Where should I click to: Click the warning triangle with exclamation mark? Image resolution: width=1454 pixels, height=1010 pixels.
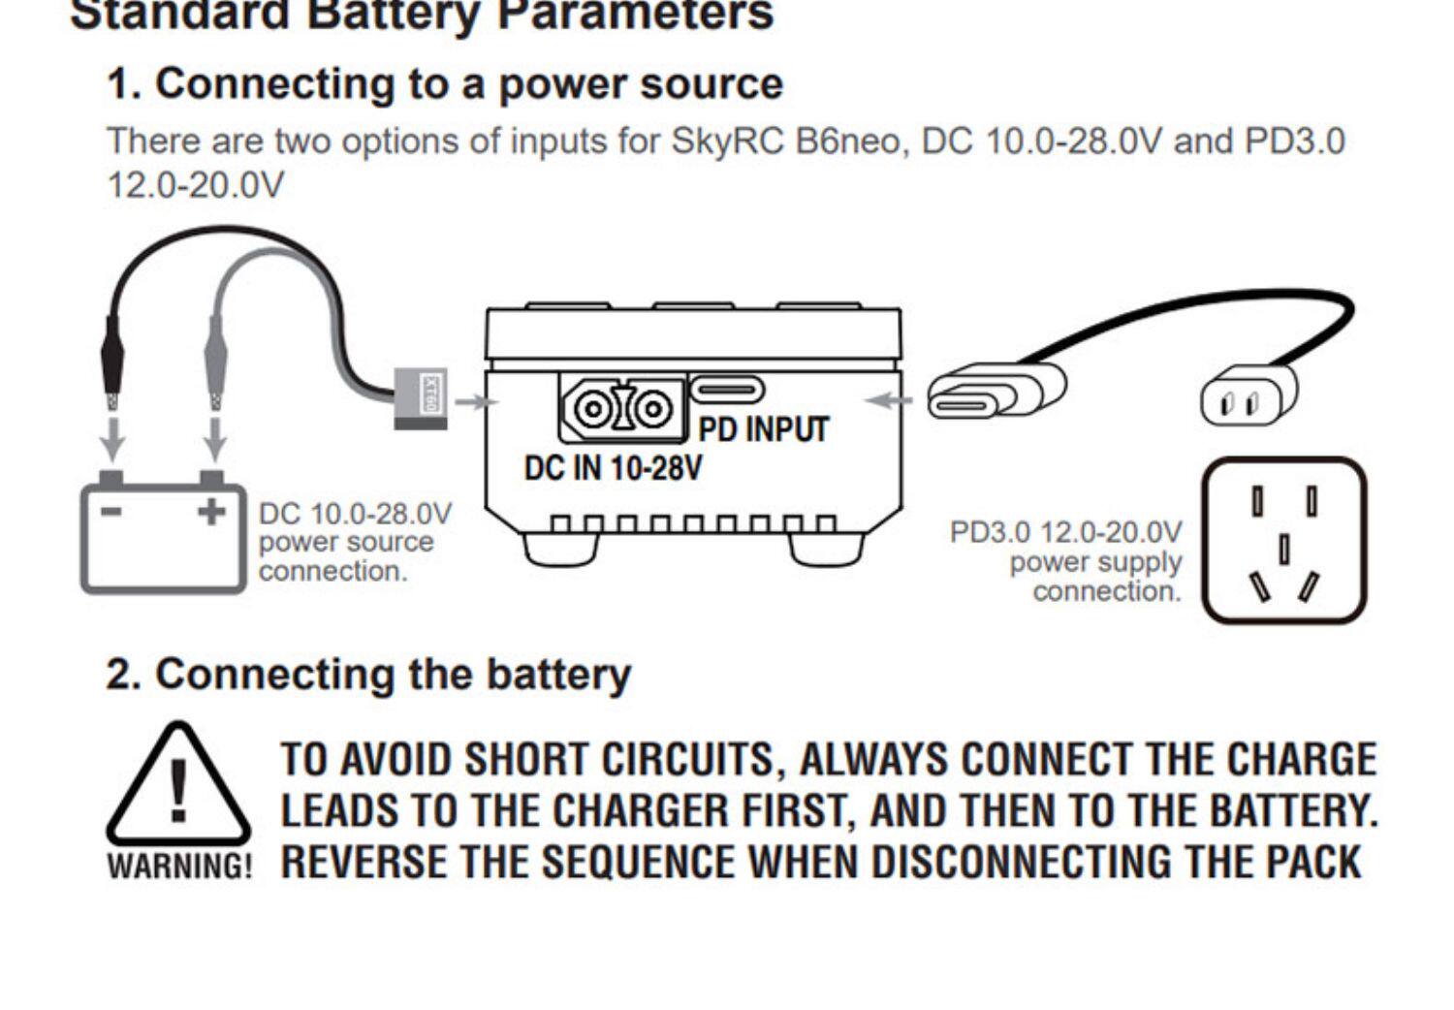point(177,786)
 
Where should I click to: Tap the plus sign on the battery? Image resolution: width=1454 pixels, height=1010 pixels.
point(211,511)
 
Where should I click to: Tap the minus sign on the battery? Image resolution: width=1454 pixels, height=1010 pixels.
point(112,511)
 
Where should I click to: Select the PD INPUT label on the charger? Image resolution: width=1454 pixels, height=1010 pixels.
point(764,429)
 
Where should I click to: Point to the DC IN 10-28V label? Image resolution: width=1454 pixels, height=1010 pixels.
point(613,468)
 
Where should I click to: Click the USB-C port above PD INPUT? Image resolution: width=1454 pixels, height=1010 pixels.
point(727,390)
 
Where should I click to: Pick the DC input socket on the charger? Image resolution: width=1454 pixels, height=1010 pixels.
point(621,408)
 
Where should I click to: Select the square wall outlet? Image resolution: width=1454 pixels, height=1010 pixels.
point(1283,540)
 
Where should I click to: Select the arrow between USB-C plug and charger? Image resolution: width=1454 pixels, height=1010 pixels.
point(889,398)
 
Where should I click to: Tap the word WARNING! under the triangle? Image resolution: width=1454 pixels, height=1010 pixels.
point(179,866)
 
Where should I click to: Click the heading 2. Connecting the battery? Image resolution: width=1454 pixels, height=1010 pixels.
point(368,674)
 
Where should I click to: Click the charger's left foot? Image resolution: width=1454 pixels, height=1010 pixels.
point(560,549)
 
